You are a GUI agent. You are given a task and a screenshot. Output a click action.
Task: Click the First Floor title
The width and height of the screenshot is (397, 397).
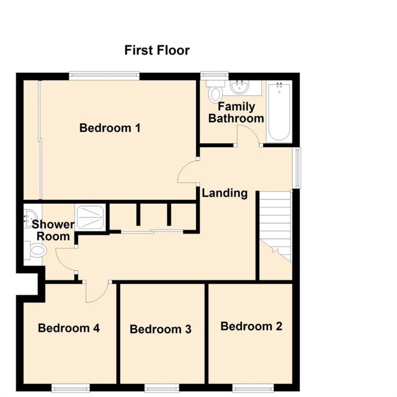[x=157, y=50]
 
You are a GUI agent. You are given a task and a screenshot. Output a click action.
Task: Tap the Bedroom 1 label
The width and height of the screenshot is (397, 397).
[x=110, y=128]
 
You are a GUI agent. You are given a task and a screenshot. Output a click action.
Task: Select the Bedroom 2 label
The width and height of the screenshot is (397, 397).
[x=252, y=326]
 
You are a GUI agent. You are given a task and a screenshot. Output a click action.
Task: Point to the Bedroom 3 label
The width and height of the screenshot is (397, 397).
[x=160, y=329]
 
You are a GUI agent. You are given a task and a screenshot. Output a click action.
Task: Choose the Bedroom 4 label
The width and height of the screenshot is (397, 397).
[x=69, y=328]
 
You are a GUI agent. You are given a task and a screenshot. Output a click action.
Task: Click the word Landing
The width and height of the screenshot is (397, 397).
[x=225, y=193]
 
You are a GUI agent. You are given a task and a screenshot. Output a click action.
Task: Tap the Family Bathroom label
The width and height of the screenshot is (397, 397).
[x=236, y=112]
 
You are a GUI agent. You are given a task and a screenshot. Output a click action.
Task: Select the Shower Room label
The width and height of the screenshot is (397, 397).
[x=53, y=230]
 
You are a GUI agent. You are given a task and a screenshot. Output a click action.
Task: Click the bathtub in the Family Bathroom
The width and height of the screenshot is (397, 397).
[x=279, y=112]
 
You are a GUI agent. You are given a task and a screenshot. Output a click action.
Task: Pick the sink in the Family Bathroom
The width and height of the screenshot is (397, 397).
[x=240, y=87]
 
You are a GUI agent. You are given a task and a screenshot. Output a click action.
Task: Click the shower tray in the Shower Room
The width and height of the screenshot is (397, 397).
[x=90, y=217]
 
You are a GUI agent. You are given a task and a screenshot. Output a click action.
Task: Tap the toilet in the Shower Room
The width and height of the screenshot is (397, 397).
[x=36, y=251]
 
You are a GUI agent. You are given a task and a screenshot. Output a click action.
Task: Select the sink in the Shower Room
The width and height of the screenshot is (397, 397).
[x=30, y=218]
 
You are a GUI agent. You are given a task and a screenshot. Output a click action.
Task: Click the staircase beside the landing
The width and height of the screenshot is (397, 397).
[x=275, y=227]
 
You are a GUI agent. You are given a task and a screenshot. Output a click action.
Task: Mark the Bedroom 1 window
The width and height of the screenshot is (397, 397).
[x=104, y=75]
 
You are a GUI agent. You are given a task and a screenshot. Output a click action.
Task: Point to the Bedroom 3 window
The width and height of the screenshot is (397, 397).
[x=162, y=388]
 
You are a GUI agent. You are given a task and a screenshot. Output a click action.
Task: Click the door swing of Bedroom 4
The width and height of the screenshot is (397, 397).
[x=97, y=292]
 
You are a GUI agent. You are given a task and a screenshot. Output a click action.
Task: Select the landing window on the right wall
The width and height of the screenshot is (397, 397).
[x=297, y=168]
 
